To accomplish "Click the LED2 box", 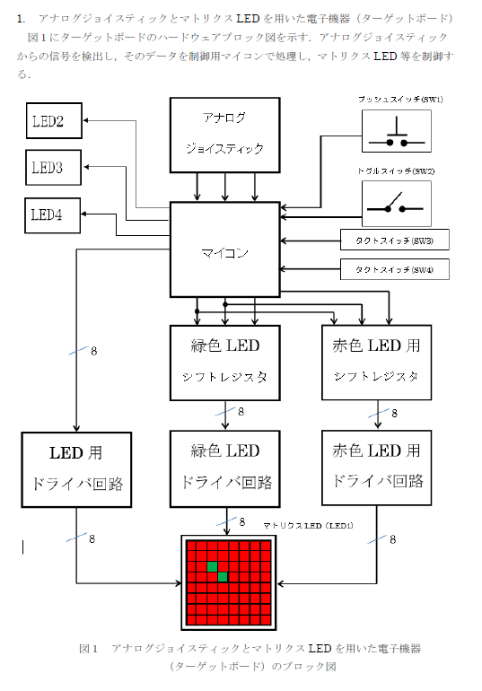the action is coord(54,121).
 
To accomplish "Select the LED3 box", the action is coord(53,168).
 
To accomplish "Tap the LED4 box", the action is coord(52,215).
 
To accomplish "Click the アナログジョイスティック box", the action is coord(225,135).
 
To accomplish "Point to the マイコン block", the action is coord(225,249).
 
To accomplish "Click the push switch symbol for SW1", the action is coord(397,131).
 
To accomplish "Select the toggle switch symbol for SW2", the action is coord(397,204).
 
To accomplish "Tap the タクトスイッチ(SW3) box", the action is coord(395,240).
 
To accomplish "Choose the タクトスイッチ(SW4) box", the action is coord(395,269).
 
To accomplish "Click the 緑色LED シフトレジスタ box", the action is coord(225,363).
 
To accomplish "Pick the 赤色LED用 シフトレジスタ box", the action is coord(377,363).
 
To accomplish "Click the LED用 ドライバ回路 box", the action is coord(76,469).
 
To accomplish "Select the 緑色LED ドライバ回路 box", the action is coord(225,468).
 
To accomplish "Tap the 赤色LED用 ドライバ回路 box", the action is coord(377,468).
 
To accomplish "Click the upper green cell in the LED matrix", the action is coord(213,566).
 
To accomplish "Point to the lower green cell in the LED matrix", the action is coord(223,577).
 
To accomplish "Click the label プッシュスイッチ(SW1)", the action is coord(400,99).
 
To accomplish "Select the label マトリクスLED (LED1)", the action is coord(308,525).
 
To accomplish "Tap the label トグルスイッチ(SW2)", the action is coord(396,171).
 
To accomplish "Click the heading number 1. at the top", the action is coord(21,19).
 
